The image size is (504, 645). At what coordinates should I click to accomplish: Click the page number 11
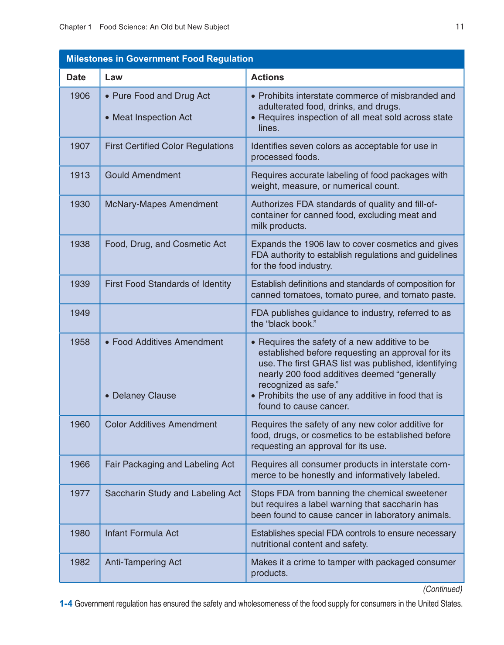[x=460, y=27]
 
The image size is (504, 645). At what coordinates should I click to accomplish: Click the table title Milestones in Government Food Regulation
[x=160, y=59]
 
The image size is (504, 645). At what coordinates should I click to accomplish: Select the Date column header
[x=76, y=77]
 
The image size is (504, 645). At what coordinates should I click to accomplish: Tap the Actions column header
[x=267, y=77]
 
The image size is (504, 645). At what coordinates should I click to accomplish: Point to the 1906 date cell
[x=80, y=96]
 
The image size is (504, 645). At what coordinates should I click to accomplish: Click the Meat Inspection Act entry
[x=152, y=117]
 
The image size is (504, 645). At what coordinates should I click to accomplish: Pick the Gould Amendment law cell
[x=143, y=175]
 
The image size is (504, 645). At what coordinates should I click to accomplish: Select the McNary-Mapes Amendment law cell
[x=161, y=204]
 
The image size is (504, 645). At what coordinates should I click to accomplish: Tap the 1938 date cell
[x=80, y=244]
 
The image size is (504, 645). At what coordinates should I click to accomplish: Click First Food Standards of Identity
[x=168, y=284]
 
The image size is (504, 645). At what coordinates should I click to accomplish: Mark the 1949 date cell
[x=80, y=313]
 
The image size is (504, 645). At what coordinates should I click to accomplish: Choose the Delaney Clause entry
[x=144, y=396]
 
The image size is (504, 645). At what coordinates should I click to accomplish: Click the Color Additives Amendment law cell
[x=161, y=424]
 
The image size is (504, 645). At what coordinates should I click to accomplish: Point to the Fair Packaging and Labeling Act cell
[x=170, y=464]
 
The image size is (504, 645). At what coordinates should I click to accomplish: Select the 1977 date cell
[x=80, y=493]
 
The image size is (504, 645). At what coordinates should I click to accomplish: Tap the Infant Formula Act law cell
[x=142, y=533]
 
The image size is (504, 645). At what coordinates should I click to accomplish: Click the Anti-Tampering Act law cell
[x=143, y=562]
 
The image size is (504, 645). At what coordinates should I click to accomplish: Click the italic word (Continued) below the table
[x=443, y=589]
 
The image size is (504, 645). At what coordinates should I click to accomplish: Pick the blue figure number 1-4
[x=66, y=604]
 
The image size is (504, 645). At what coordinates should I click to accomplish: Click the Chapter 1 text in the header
[x=75, y=27]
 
